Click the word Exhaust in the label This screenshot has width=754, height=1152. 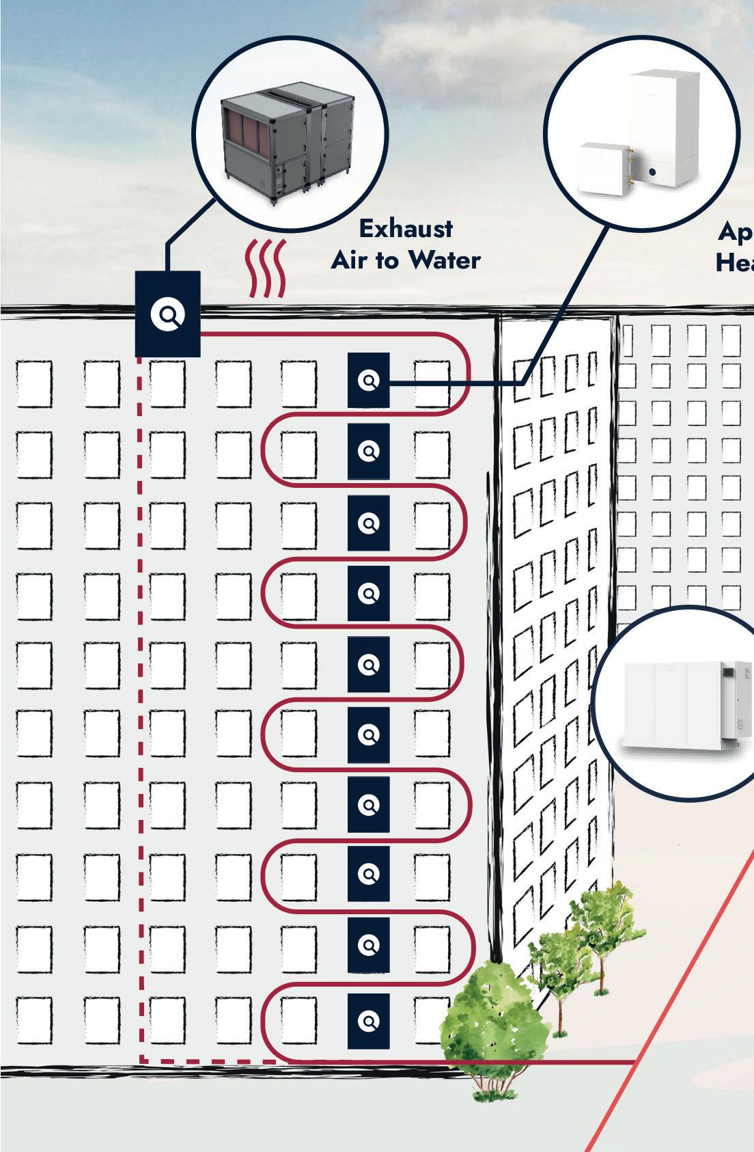tap(406, 229)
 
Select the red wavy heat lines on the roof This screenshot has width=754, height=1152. tap(265, 269)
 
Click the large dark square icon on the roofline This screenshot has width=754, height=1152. tap(167, 314)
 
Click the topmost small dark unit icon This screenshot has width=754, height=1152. tap(369, 381)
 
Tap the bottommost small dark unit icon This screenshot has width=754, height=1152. tap(369, 1021)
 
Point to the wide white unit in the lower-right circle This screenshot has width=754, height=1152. tap(676, 704)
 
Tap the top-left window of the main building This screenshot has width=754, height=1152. tap(34, 383)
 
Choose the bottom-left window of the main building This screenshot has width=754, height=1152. tap(34, 1020)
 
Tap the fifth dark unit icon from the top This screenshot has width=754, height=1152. tap(369, 664)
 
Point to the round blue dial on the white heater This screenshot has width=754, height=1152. tap(654, 173)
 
